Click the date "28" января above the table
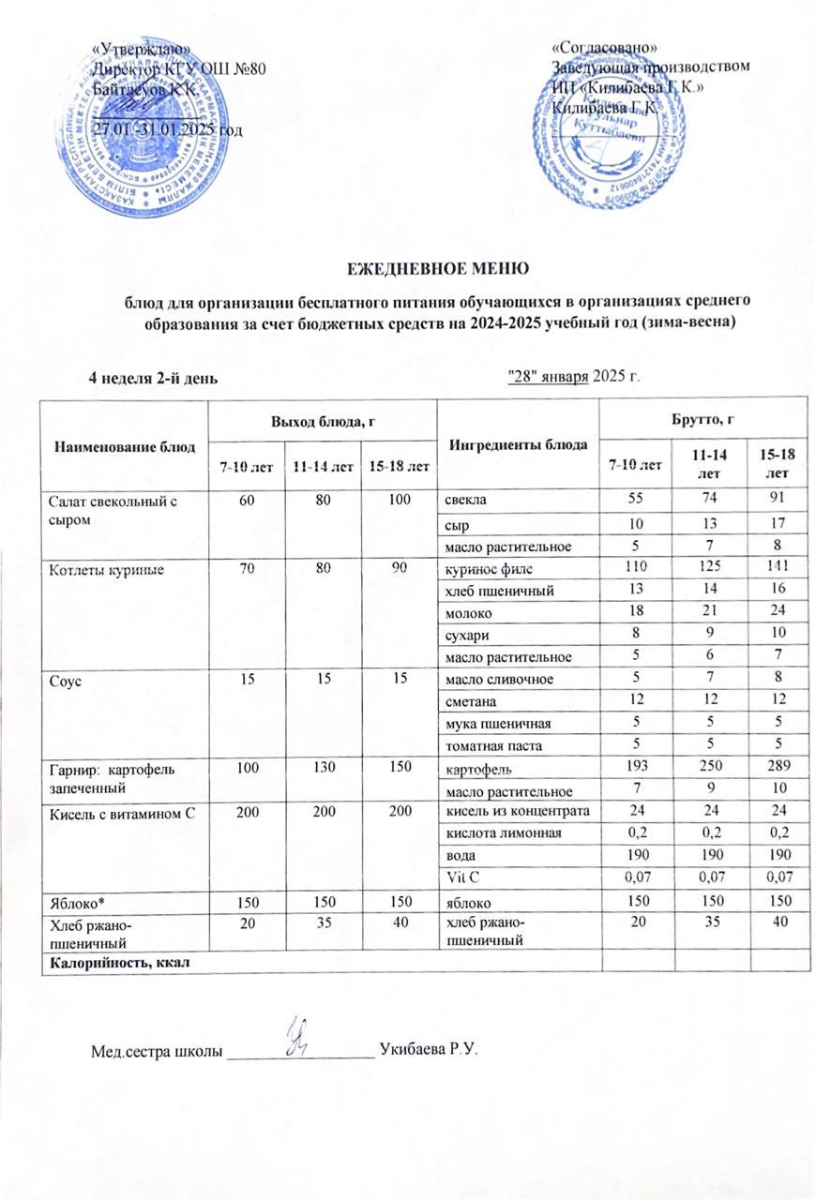pos(549,377)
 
